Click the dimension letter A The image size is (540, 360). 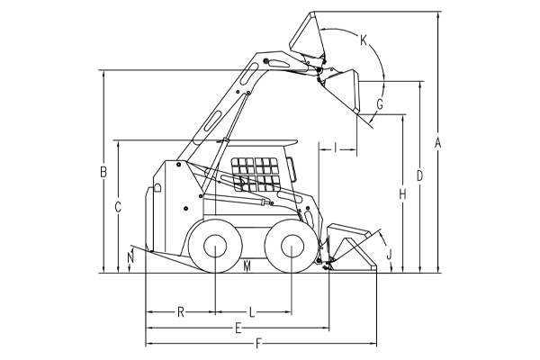pyautogui.click(x=437, y=142)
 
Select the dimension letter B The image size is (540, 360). pyautogui.click(x=103, y=172)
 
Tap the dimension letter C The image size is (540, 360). pyautogui.click(x=118, y=207)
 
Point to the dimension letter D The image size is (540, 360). pyautogui.click(x=419, y=175)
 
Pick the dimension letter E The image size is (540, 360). pyautogui.click(x=238, y=328)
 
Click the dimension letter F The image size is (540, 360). pyautogui.click(x=258, y=344)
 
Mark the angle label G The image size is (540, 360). pyautogui.click(x=380, y=104)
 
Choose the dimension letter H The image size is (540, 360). pyautogui.click(x=402, y=194)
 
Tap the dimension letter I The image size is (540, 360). pyautogui.click(x=336, y=148)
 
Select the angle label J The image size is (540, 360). pyautogui.click(x=389, y=255)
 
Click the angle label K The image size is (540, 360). pyautogui.click(x=364, y=40)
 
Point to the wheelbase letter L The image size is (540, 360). pyautogui.click(x=252, y=312)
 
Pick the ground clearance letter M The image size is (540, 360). pyautogui.click(x=247, y=266)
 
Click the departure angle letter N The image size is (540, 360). pyautogui.click(x=130, y=257)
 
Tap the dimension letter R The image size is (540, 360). pyautogui.click(x=181, y=312)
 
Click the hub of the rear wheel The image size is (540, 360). pyautogui.click(x=215, y=246)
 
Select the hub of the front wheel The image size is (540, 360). pyautogui.click(x=292, y=246)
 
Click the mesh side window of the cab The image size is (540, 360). pyautogui.click(x=256, y=175)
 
